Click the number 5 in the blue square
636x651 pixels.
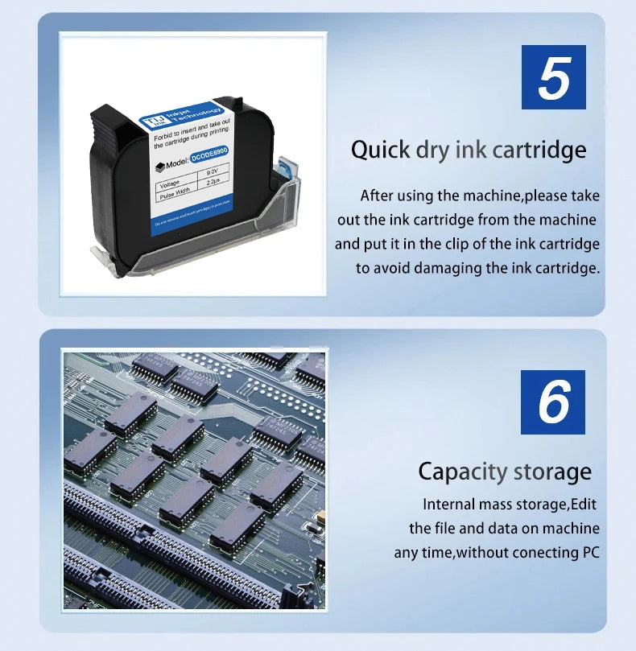coord(553,77)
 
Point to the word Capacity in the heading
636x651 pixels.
coord(462,472)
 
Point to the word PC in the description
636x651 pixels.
coord(589,553)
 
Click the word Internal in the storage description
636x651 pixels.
coord(449,505)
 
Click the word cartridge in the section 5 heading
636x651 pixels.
coord(538,150)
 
